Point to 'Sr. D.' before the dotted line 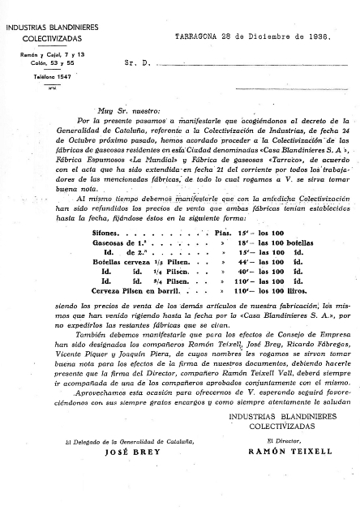[x=135, y=61]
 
